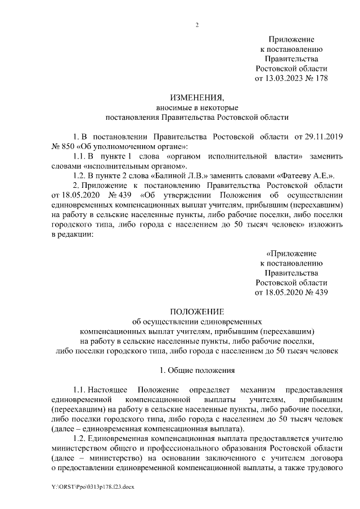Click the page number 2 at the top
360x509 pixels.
pos(197,25)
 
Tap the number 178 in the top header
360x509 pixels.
pos(321,78)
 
